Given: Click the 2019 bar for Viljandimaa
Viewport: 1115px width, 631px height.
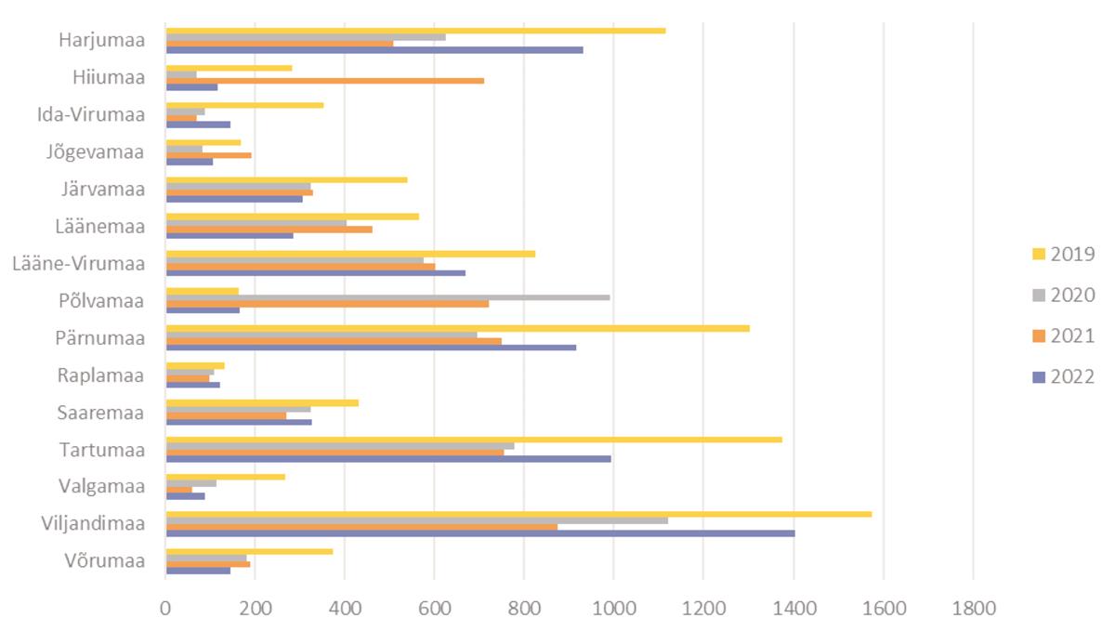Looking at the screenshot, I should (x=518, y=514).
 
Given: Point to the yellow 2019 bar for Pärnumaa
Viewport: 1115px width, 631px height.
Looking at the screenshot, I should (x=457, y=328).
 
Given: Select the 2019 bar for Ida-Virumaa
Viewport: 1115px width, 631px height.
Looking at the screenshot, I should (x=244, y=105).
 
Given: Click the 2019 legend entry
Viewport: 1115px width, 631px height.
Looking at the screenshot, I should (x=1072, y=255).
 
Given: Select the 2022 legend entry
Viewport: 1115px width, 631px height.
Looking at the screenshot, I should (x=1072, y=377).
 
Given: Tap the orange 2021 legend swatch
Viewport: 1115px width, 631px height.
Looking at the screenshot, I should (x=1039, y=336).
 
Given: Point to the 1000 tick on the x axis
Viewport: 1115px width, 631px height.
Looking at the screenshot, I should (x=613, y=609).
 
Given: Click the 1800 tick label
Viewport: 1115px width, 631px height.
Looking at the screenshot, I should (x=972, y=609).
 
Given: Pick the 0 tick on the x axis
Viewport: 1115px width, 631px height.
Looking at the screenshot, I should (x=165, y=609).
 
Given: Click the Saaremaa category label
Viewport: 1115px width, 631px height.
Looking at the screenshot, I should (x=100, y=413).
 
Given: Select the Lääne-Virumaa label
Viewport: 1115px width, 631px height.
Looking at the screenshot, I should (x=79, y=264).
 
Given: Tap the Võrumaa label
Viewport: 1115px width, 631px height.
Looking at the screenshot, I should (x=105, y=561).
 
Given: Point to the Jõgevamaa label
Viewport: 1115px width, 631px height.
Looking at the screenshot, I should (x=96, y=152).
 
